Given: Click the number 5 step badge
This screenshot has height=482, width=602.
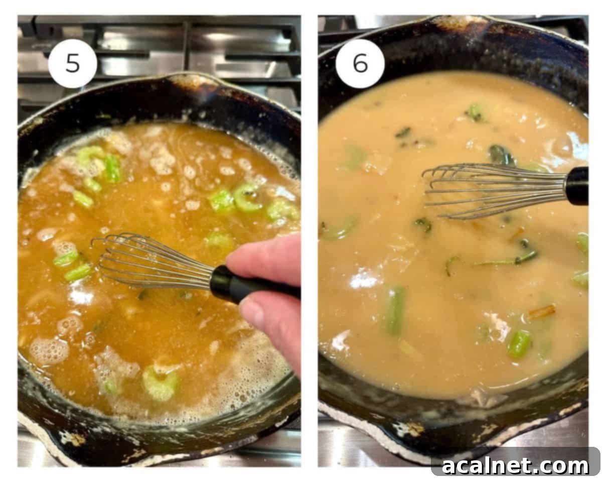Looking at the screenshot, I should pyautogui.click(x=73, y=63).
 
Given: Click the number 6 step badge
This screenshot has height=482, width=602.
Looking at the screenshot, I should pyautogui.click(x=360, y=63).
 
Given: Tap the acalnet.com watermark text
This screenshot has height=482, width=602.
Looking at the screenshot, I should pyautogui.click(x=515, y=465).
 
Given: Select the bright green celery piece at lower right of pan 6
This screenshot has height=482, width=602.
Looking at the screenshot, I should pyautogui.click(x=519, y=343).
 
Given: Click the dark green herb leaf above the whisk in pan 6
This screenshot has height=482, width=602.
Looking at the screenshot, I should pyautogui.click(x=502, y=156).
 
